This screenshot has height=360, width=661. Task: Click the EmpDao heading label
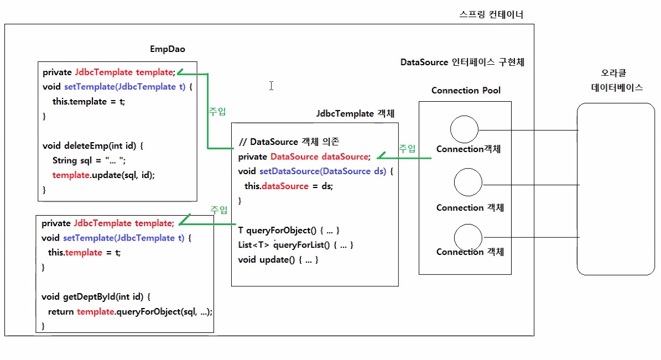(168, 49)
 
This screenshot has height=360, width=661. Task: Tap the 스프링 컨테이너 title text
(491, 15)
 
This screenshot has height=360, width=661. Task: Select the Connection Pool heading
(466, 90)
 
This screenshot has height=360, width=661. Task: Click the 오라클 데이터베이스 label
(617, 80)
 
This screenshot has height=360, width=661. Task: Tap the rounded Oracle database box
(577, 189)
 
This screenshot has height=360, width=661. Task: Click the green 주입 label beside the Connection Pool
(407, 148)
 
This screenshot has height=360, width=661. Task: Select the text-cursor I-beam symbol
(272, 86)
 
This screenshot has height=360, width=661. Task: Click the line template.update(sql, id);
(103, 175)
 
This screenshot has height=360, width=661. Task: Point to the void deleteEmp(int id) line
(93, 146)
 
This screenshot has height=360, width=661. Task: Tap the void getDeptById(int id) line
(96, 297)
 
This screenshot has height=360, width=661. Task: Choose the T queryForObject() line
(288, 230)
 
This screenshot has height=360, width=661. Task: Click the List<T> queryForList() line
(295, 245)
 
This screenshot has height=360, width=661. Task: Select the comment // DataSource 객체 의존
(289, 142)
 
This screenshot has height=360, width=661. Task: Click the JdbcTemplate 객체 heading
(355, 113)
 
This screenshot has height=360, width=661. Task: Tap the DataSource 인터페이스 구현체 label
(462, 62)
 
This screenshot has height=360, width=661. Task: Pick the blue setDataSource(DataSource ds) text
(322, 171)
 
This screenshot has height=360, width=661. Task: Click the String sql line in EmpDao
(89, 160)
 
